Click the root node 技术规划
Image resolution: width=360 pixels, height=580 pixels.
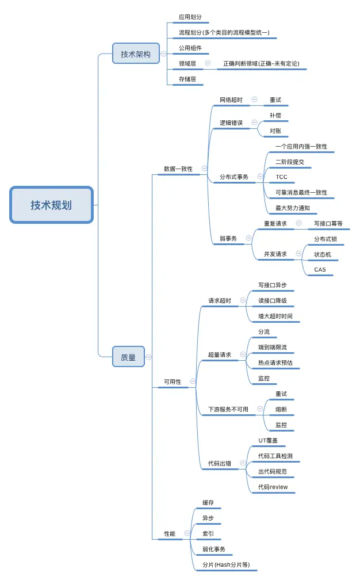(x=51, y=205)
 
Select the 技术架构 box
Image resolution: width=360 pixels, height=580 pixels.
(x=136, y=54)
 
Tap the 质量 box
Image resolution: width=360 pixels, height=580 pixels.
(x=128, y=357)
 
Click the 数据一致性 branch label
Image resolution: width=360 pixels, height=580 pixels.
(x=178, y=169)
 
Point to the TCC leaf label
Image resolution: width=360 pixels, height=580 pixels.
(x=281, y=177)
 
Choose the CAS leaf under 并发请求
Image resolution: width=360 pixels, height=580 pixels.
(x=320, y=269)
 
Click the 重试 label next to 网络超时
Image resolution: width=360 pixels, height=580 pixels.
(x=275, y=100)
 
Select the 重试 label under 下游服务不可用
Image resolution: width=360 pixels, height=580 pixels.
(x=281, y=394)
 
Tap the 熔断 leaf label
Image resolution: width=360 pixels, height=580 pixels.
(x=281, y=410)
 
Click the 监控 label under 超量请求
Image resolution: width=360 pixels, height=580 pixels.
(x=264, y=379)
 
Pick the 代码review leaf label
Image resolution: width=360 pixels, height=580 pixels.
(x=273, y=487)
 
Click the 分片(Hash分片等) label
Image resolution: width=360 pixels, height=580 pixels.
(x=225, y=565)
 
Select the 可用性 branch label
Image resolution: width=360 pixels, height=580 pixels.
(x=172, y=381)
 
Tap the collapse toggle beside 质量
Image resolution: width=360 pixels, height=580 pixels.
(x=149, y=357)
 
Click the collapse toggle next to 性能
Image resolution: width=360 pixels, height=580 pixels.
(x=187, y=533)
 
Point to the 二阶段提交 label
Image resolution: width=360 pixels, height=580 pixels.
(x=289, y=162)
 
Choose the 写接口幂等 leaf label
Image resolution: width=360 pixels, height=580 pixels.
(x=328, y=223)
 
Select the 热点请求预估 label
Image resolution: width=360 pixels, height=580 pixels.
(x=275, y=363)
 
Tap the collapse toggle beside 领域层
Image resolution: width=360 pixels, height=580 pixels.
(x=208, y=63)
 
